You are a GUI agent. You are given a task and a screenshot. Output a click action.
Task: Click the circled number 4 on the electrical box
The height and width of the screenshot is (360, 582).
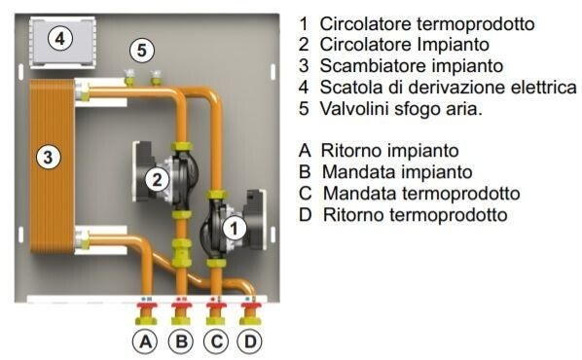pyautogui.click(x=60, y=38)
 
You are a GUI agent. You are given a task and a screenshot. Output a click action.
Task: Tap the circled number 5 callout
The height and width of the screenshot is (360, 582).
pyautogui.click(x=142, y=50)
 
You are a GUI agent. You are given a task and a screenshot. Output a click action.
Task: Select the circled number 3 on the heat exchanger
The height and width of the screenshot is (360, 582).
pyautogui.click(x=49, y=157)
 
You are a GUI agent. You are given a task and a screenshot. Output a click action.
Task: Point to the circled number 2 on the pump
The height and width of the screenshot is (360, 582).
pyautogui.click(x=157, y=180)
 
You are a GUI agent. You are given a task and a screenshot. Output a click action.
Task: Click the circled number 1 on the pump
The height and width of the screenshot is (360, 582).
pyautogui.click(x=235, y=229)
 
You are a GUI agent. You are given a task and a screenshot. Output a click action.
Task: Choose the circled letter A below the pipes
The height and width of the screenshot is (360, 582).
pyautogui.click(x=145, y=342)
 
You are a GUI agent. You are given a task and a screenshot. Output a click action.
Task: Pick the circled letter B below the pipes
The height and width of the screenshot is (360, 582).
pyautogui.click(x=181, y=342)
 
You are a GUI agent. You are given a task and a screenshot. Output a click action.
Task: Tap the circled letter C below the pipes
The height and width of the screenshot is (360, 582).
pyautogui.click(x=216, y=342)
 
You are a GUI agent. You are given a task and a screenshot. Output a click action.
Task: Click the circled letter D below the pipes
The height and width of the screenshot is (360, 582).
pyautogui.click(x=249, y=342)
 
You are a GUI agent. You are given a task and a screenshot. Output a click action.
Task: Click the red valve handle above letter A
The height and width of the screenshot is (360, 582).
pyautogui.click(x=147, y=306)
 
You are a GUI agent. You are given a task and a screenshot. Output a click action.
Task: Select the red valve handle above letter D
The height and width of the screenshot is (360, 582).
pyautogui.click(x=251, y=306)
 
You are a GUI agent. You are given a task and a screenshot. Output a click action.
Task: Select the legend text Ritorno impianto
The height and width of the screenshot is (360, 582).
pyautogui.click(x=389, y=151)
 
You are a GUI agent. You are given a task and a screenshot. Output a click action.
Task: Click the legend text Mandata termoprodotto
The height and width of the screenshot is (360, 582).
pyautogui.click(x=421, y=194)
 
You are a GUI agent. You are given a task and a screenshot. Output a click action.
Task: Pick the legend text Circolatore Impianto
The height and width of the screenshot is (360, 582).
pyautogui.click(x=405, y=45)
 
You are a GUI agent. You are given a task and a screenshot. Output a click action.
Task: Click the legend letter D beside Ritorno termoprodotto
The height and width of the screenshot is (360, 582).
pyautogui.click(x=305, y=215)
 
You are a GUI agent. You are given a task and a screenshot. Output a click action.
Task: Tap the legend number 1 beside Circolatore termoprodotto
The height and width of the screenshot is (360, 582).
pyautogui.click(x=304, y=23)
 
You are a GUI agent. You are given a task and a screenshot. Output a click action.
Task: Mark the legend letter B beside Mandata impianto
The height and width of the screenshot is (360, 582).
pyautogui.click(x=305, y=172)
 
